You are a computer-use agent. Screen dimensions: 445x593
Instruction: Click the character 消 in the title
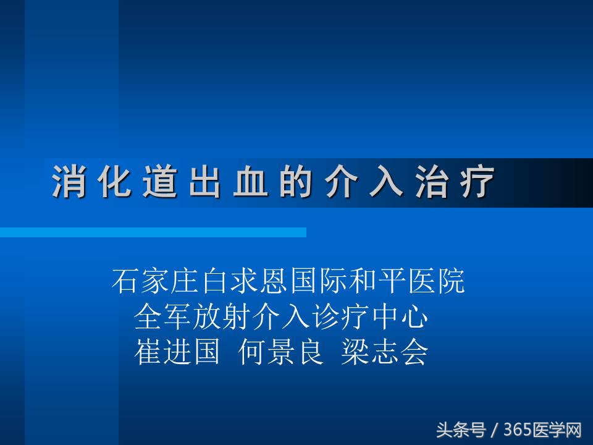[x=67, y=182]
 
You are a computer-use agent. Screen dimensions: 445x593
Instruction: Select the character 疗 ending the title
[x=478, y=182]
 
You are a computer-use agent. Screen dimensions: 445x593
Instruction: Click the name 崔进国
[x=177, y=353]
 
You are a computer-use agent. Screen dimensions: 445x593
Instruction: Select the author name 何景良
[x=281, y=353]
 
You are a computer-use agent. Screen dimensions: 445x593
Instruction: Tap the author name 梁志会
[x=384, y=353]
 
